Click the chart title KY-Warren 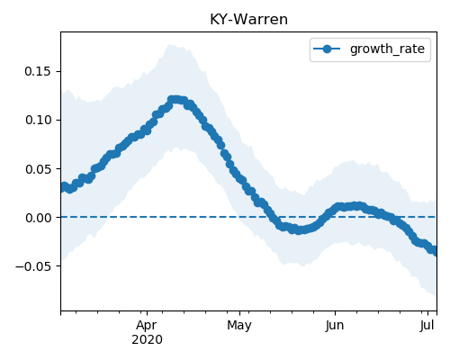[x=248, y=20]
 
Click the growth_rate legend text [x=387, y=49]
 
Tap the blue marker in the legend [x=327, y=49]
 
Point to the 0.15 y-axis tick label [x=38, y=71]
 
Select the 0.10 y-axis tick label [x=38, y=120]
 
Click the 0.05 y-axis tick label [x=38, y=169]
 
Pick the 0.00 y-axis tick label [x=38, y=218]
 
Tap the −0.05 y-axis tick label [x=33, y=266]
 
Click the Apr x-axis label [x=147, y=326]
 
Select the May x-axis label [x=239, y=326]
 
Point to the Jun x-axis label [x=335, y=326]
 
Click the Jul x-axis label [x=427, y=326]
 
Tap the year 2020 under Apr [x=147, y=340]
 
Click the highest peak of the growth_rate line [x=175, y=100]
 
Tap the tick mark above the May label [x=239, y=314]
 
